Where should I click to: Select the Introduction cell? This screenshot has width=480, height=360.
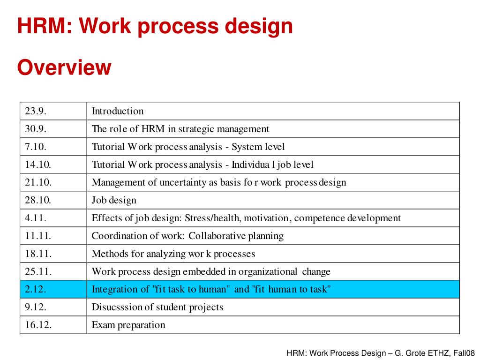point(118,111)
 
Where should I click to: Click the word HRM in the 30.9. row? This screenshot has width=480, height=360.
point(152,129)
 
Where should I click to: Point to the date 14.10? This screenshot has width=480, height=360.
point(38,165)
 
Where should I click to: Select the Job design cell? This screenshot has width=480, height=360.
point(114,200)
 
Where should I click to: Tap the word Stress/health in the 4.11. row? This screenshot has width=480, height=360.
point(213,218)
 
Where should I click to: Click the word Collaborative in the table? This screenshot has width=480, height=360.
point(217,236)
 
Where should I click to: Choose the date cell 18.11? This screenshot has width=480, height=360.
point(38,254)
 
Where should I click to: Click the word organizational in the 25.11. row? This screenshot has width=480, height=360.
point(268,271)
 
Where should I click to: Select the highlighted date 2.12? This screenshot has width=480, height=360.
point(36,289)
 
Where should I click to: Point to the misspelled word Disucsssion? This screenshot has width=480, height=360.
point(117,307)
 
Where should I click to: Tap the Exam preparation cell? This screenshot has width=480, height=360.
point(128,325)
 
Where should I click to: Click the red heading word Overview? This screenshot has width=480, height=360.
point(64,67)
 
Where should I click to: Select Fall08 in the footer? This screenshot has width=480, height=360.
point(465,353)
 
